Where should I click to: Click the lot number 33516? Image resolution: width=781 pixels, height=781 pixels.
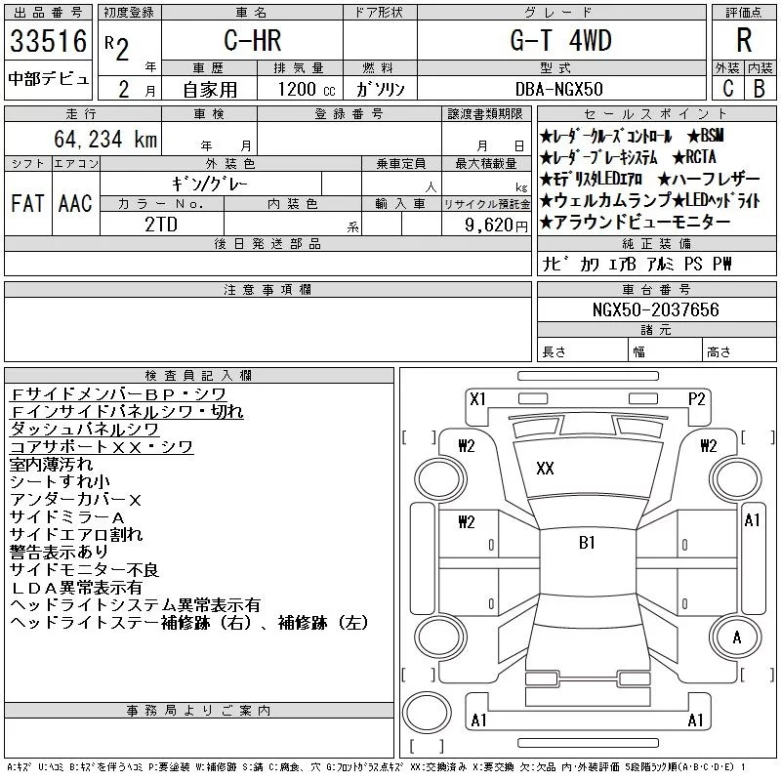click(x=48, y=41)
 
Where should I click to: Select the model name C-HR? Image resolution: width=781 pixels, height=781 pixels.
click(x=253, y=40)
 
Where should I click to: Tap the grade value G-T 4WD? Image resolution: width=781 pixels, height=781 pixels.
click(x=560, y=40)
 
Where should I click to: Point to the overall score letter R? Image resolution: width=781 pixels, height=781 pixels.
click(x=744, y=40)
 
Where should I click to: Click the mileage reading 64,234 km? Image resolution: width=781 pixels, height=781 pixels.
click(x=105, y=139)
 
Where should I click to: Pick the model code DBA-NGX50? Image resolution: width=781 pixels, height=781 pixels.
click(x=558, y=89)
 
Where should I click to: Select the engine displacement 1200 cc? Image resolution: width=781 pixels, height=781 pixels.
click(x=307, y=89)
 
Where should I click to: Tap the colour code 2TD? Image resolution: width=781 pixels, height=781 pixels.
click(x=161, y=225)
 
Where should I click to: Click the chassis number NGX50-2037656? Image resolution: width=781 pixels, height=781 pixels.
click(x=655, y=309)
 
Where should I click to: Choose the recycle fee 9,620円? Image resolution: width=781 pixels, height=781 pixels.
click(x=496, y=226)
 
